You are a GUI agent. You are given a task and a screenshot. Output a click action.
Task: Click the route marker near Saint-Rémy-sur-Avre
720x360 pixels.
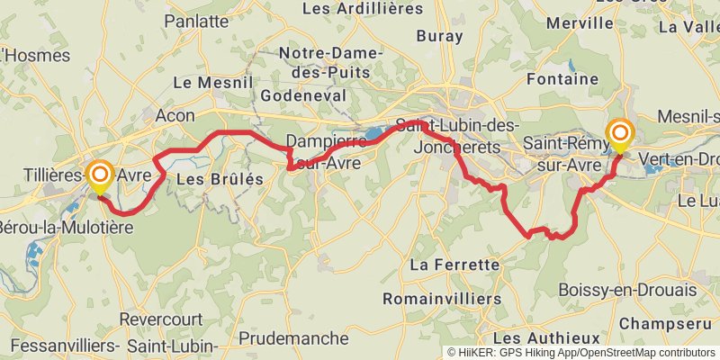tap(620, 135)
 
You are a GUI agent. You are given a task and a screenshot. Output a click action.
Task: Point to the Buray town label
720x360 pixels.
tap(439, 37)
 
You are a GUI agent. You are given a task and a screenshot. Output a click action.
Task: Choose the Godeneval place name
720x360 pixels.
tap(297, 95)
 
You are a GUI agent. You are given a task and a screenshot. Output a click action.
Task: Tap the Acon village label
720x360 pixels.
tap(175, 115)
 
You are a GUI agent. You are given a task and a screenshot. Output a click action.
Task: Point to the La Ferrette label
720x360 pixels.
tap(454, 265)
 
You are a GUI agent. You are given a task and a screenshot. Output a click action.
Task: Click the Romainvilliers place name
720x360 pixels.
tap(442, 298)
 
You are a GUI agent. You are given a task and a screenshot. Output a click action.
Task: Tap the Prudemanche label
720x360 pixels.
tap(294, 338)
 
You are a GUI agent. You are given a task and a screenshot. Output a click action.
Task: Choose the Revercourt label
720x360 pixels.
tap(162, 319)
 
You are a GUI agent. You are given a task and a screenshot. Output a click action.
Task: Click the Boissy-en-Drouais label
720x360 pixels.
tap(627, 290)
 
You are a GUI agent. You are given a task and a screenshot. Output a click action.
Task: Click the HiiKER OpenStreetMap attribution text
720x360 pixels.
tap(581, 353)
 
